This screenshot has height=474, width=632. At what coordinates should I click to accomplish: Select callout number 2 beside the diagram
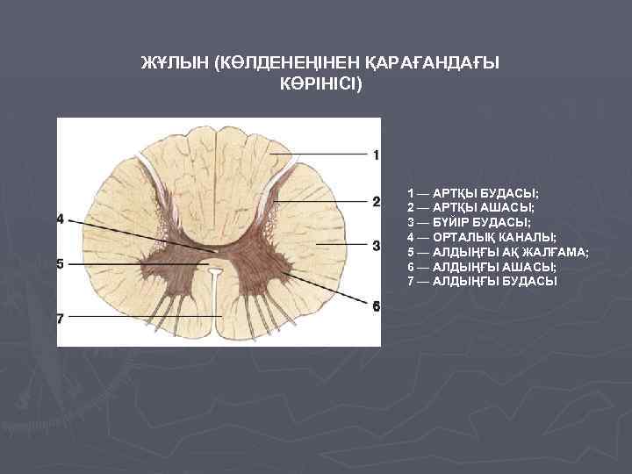(x=376, y=202)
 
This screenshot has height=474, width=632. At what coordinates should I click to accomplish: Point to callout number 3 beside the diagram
(x=376, y=245)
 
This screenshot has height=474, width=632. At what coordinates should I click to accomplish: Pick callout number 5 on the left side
(x=61, y=263)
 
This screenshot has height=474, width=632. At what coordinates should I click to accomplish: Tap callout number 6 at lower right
(x=376, y=306)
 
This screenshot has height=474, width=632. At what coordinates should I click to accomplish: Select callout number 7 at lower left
(x=61, y=319)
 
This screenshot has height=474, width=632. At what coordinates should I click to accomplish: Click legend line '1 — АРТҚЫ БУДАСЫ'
(x=473, y=192)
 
